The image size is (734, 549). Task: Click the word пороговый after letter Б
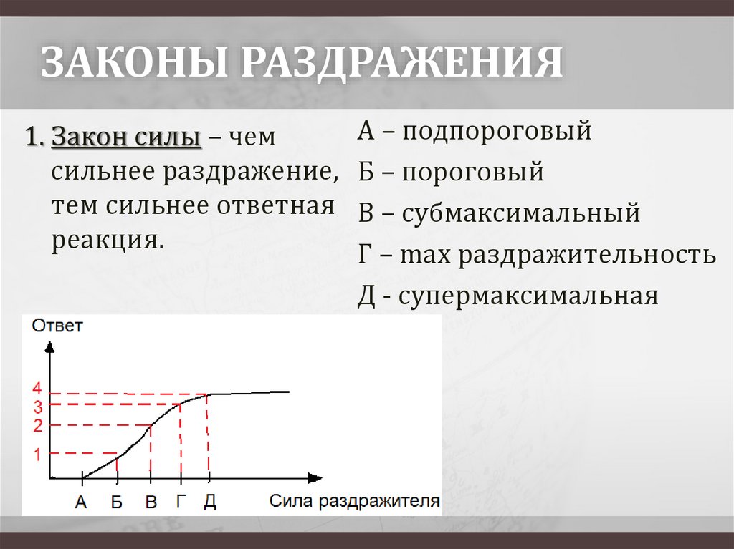[472, 173]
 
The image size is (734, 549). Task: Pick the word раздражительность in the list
[588, 254]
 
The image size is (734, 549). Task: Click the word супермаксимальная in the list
[529, 295]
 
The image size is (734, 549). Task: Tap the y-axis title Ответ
[57, 326]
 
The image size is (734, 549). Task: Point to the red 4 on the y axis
[37, 389]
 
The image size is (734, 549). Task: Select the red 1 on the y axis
[37, 454]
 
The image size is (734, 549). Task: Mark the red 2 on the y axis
[37, 426]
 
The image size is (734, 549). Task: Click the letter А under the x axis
[80, 502]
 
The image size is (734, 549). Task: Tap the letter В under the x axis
[151, 502]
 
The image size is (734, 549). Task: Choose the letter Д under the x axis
[209, 500]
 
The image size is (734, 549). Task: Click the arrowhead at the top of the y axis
[49, 347]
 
